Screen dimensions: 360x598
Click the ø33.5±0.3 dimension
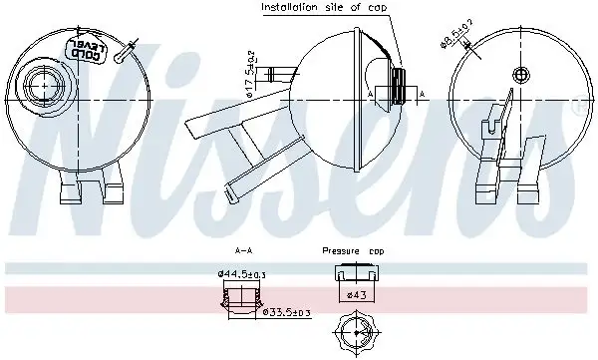click(285, 313)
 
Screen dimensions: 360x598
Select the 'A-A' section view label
click(241, 251)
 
